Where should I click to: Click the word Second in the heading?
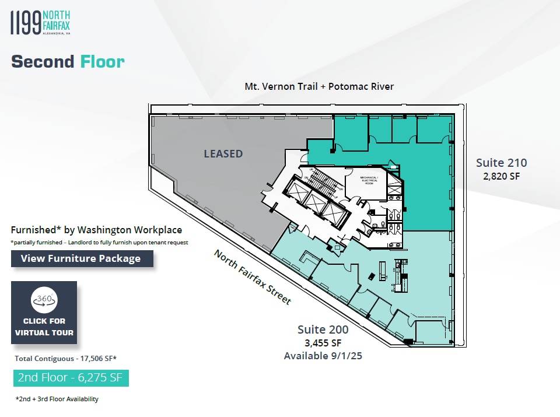coord(43,61)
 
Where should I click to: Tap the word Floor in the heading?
coord(103,61)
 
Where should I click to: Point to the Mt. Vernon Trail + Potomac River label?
coord(319,86)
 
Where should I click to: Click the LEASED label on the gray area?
coord(223,154)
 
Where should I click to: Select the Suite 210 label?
coord(501,162)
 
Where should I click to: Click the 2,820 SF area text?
coord(501,175)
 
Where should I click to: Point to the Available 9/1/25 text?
coord(323,356)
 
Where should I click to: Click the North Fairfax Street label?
coord(252,277)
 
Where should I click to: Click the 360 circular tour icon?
coord(44,300)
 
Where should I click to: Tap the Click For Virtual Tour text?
coord(44,327)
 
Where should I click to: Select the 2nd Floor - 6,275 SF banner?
coord(71,377)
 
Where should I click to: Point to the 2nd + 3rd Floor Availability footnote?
coord(57,400)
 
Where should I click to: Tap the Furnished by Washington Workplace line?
coord(96,230)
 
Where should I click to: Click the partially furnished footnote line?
coord(99,242)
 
